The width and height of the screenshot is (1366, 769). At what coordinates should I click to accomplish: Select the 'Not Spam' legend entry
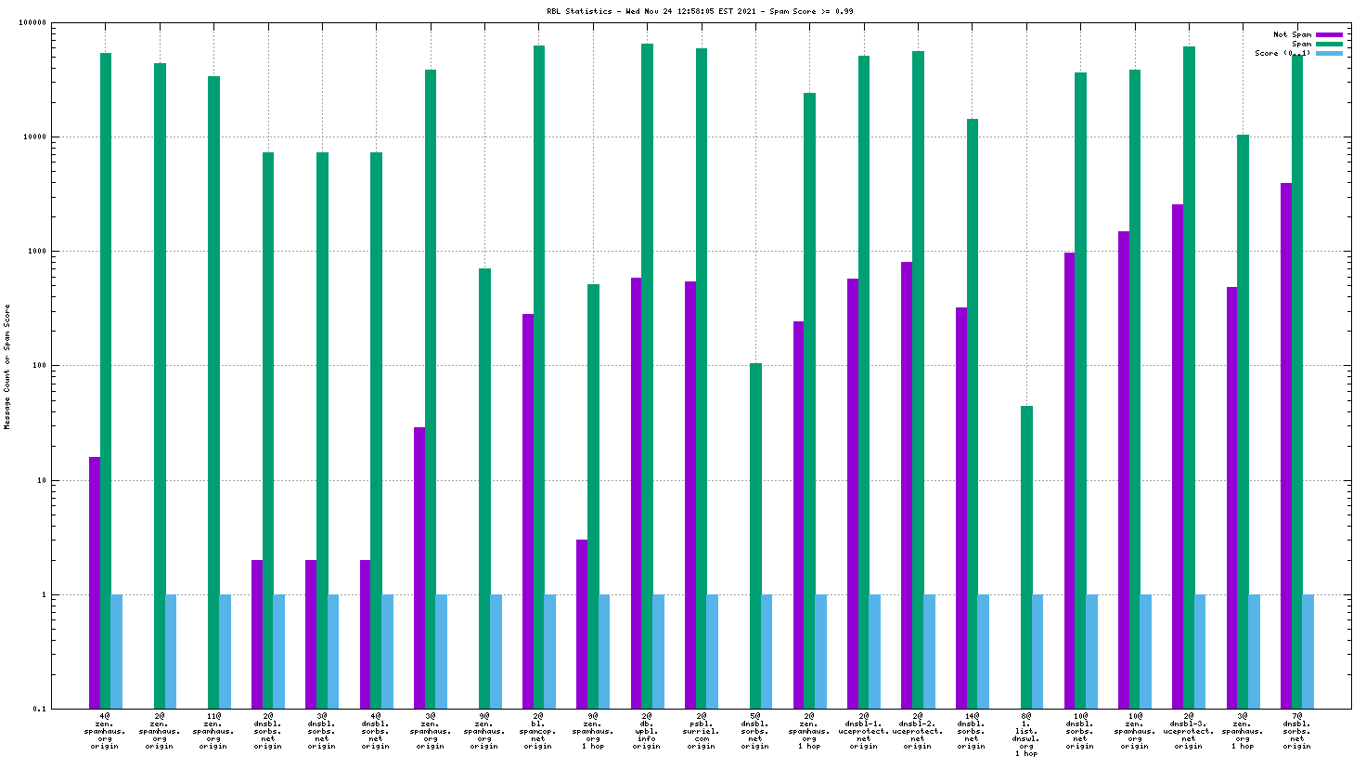coord(1292,34)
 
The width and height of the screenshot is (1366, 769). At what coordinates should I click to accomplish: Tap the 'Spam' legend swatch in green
coord(1329,44)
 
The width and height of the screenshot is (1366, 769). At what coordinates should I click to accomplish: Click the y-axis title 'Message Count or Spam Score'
coord(7,367)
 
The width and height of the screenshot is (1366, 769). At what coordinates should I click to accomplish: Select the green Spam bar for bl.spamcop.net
coord(539,371)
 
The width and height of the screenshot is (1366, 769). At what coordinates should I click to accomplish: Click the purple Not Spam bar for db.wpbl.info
coord(636,492)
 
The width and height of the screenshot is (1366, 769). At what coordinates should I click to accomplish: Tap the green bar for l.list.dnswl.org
coord(1026,557)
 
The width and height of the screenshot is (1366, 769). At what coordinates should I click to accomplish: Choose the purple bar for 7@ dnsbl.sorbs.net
coord(1286,446)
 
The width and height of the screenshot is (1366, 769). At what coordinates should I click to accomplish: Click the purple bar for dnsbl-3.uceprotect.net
coord(1178,455)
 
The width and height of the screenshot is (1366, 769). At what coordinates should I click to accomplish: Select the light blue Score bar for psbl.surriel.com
coord(713,651)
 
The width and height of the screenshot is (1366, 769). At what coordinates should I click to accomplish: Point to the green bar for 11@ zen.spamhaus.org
coord(213,390)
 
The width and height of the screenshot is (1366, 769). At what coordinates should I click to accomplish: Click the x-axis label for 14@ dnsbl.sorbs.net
coord(972,731)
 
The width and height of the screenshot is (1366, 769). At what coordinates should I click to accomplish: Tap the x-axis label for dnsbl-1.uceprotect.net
coord(863,731)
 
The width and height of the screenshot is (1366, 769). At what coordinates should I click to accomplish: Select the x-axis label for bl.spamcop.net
coord(538,731)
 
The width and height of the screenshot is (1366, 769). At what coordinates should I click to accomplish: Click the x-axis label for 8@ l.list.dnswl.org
coord(1025,735)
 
